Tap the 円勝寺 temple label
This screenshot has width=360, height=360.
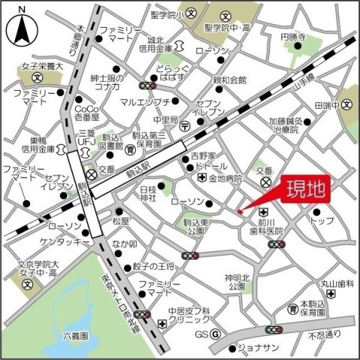pos(294,37)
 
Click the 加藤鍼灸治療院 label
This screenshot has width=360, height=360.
pos(284,124)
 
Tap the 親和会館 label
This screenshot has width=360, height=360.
pos(229,79)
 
